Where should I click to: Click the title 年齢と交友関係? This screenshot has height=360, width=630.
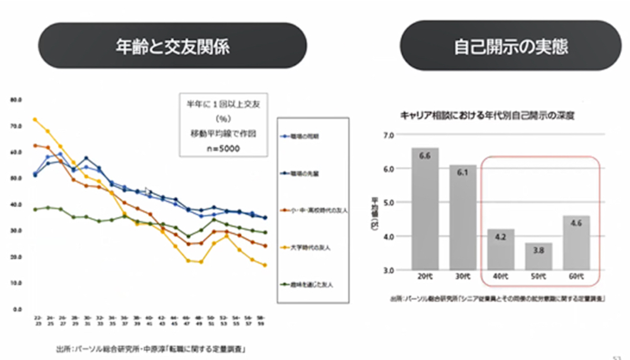tap(172, 46)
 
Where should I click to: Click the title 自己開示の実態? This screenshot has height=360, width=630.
tap(510, 46)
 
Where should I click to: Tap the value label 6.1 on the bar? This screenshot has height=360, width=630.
tap(461, 173)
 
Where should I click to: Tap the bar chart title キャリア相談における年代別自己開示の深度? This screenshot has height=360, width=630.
tap(487, 116)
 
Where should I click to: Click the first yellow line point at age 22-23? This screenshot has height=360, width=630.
tap(35, 120)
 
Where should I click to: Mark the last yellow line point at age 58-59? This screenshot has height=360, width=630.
tap(265, 266)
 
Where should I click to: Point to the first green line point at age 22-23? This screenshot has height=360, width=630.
tap(35, 209)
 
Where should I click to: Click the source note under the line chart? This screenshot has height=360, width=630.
tap(152, 348)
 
